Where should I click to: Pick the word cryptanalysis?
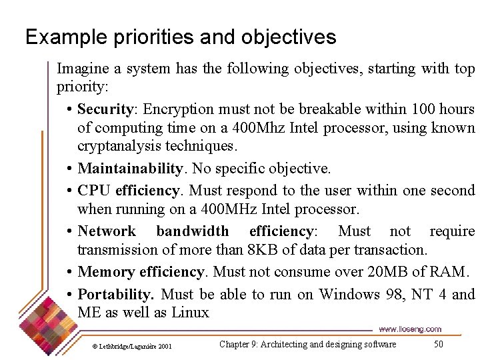120,146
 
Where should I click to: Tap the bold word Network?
107,231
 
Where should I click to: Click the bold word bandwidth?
192,231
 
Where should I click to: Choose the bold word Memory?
106,272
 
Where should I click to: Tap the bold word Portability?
116,295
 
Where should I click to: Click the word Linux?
190,313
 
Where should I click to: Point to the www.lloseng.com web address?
410,329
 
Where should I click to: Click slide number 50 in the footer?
438,344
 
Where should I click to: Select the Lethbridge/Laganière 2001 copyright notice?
132,346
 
